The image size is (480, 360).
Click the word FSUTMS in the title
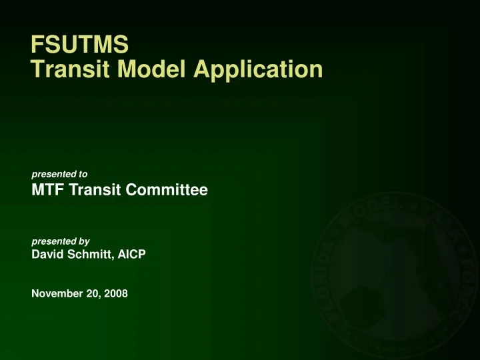coord(80,45)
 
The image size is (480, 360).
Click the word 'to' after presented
coord(83,174)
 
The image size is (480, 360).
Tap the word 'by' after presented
coord(84,241)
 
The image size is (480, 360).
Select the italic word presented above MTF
coord(53,174)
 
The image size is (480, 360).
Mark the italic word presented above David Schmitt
coord(53,241)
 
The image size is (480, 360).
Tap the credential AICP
coord(132,254)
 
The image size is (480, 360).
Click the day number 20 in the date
coord(92,293)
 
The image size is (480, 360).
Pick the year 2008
coord(115,293)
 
